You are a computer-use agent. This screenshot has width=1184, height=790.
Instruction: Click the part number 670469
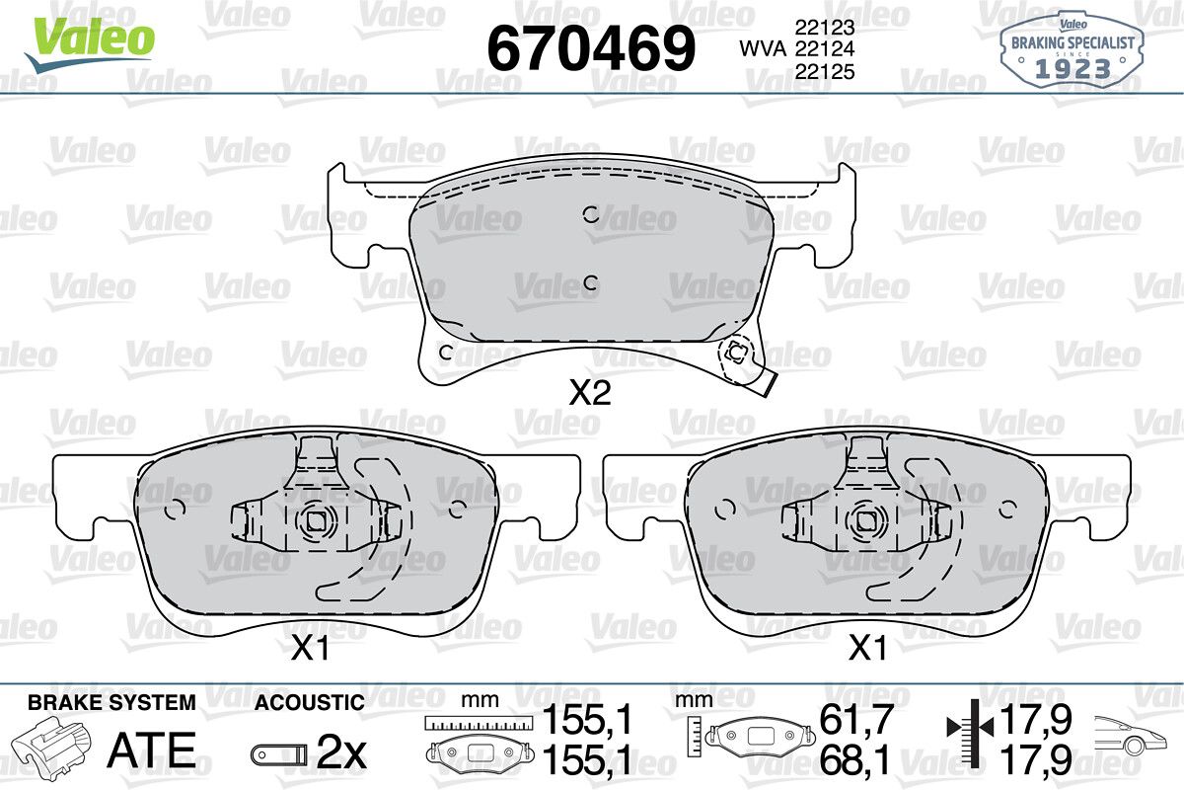591,48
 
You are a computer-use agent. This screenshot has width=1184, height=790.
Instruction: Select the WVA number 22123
825,27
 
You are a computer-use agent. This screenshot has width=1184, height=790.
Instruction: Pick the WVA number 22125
825,71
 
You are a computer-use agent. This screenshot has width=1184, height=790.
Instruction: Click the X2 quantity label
590,393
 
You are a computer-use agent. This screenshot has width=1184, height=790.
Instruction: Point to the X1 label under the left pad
310,648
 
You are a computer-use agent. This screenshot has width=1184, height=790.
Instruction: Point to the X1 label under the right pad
867,648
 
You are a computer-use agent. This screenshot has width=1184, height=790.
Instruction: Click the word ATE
152,750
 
